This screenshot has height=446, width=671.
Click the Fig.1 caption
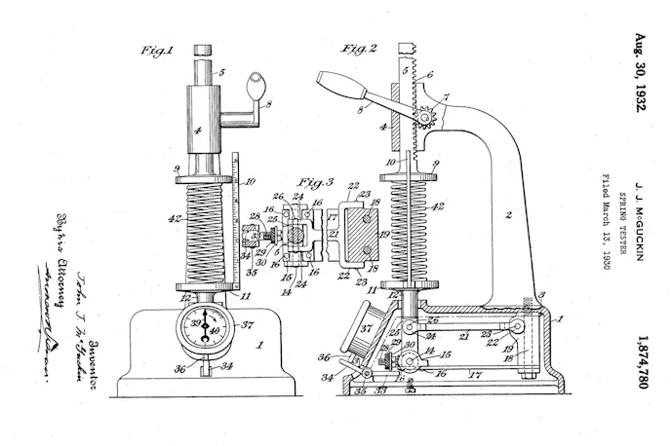click(x=157, y=49)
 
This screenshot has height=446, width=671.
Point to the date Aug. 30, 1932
click(x=641, y=75)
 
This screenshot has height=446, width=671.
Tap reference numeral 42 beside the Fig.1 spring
click(x=173, y=219)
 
